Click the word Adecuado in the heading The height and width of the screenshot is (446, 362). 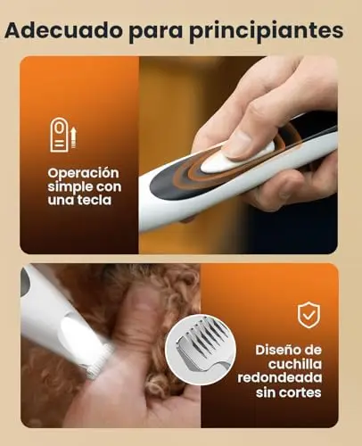[63, 29]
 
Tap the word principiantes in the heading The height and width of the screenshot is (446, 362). [267, 31]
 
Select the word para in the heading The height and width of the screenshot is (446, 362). [156, 33]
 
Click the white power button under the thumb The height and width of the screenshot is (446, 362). [234, 159]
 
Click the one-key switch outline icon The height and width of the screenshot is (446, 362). [60, 135]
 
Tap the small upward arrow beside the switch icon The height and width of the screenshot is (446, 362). [73, 136]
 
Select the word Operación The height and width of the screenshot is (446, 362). [83, 174]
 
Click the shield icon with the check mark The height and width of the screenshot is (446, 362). [309, 315]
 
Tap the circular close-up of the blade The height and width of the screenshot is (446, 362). [201, 350]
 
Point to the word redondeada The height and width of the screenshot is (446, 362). [280, 378]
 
